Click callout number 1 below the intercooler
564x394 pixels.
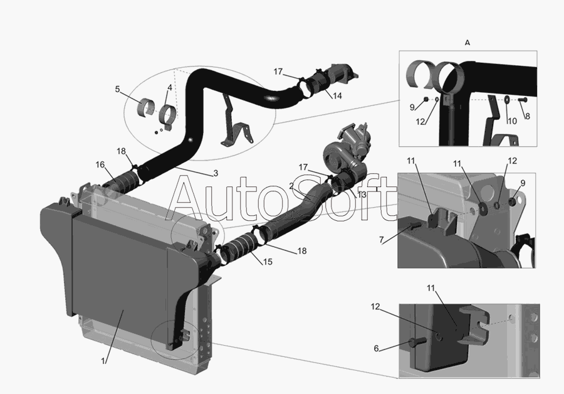click(103, 361)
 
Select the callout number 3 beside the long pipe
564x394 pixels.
click(216, 173)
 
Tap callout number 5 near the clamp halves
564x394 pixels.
click(117, 89)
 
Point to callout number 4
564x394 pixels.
click(169, 87)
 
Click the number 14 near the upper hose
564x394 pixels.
click(337, 96)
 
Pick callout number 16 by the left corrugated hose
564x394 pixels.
click(100, 164)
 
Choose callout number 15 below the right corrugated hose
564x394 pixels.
click(268, 262)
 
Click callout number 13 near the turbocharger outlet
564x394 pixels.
click(361, 195)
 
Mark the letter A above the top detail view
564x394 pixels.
click(467, 43)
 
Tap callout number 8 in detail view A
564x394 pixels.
click(527, 116)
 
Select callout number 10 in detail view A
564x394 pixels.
click(512, 121)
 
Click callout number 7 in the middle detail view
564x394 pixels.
click(381, 240)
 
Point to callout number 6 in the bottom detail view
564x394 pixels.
click(376, 348)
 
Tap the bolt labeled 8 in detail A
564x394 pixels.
click(523, 99)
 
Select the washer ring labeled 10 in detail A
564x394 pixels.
click(506, 99)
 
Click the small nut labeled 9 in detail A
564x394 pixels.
click(426, 99)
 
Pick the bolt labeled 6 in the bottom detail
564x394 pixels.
click(417, 341)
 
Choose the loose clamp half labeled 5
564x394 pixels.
click(147, 107)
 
